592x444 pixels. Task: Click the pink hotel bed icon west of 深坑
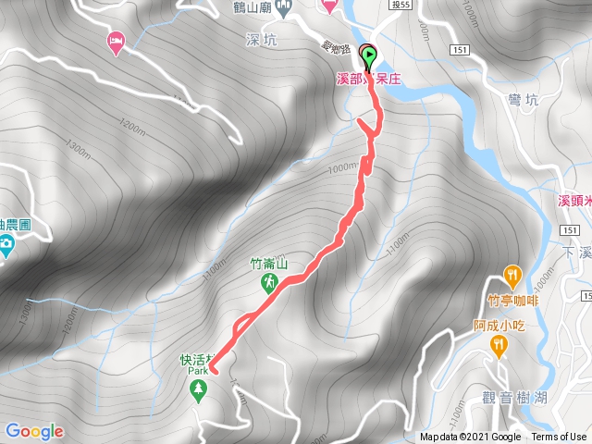[116, 42]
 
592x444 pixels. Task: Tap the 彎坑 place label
[522, 98]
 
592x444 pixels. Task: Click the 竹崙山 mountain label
[269, 264]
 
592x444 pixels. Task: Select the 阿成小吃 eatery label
[499, 325]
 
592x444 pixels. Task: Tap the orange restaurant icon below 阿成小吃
[499, 345]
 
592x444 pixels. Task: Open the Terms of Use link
[558, 438]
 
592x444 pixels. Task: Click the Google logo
[34, 431]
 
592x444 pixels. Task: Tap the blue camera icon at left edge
[6, 245]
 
